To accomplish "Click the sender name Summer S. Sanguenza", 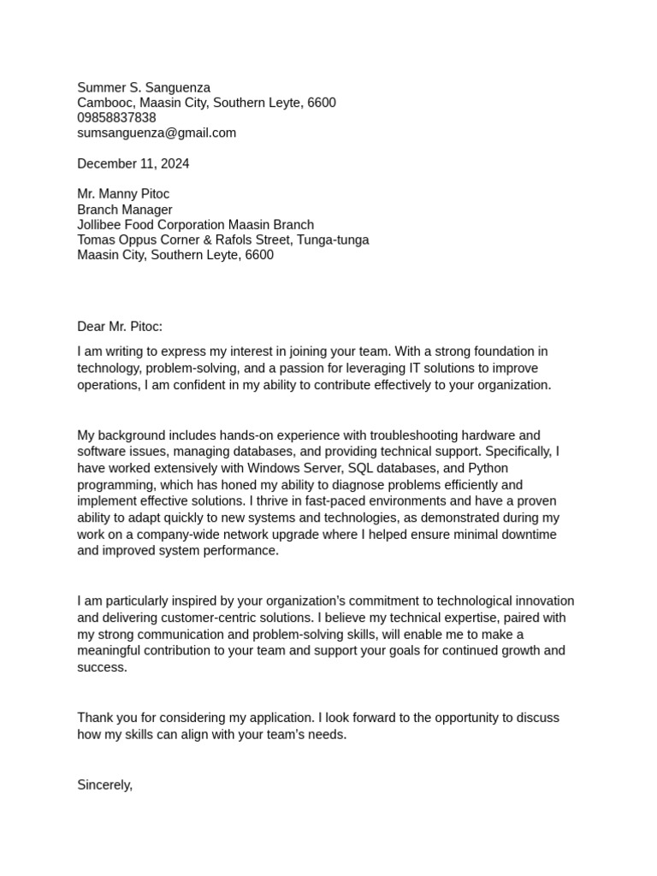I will (x=144, y=87).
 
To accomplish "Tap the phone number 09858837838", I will (x=116, y=117).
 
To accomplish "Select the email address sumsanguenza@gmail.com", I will (x=157, y=133).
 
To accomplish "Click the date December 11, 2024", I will (x=133, y=163).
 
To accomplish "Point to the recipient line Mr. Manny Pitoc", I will (x=123, y=194).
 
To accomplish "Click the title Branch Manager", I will (x=125, y=210).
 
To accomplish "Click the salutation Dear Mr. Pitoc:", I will (x=120, y=326).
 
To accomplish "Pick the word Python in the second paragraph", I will (x=488, y=468).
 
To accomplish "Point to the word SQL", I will (x=363, y=468).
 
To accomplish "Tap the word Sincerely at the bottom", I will (x=104, y=784).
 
